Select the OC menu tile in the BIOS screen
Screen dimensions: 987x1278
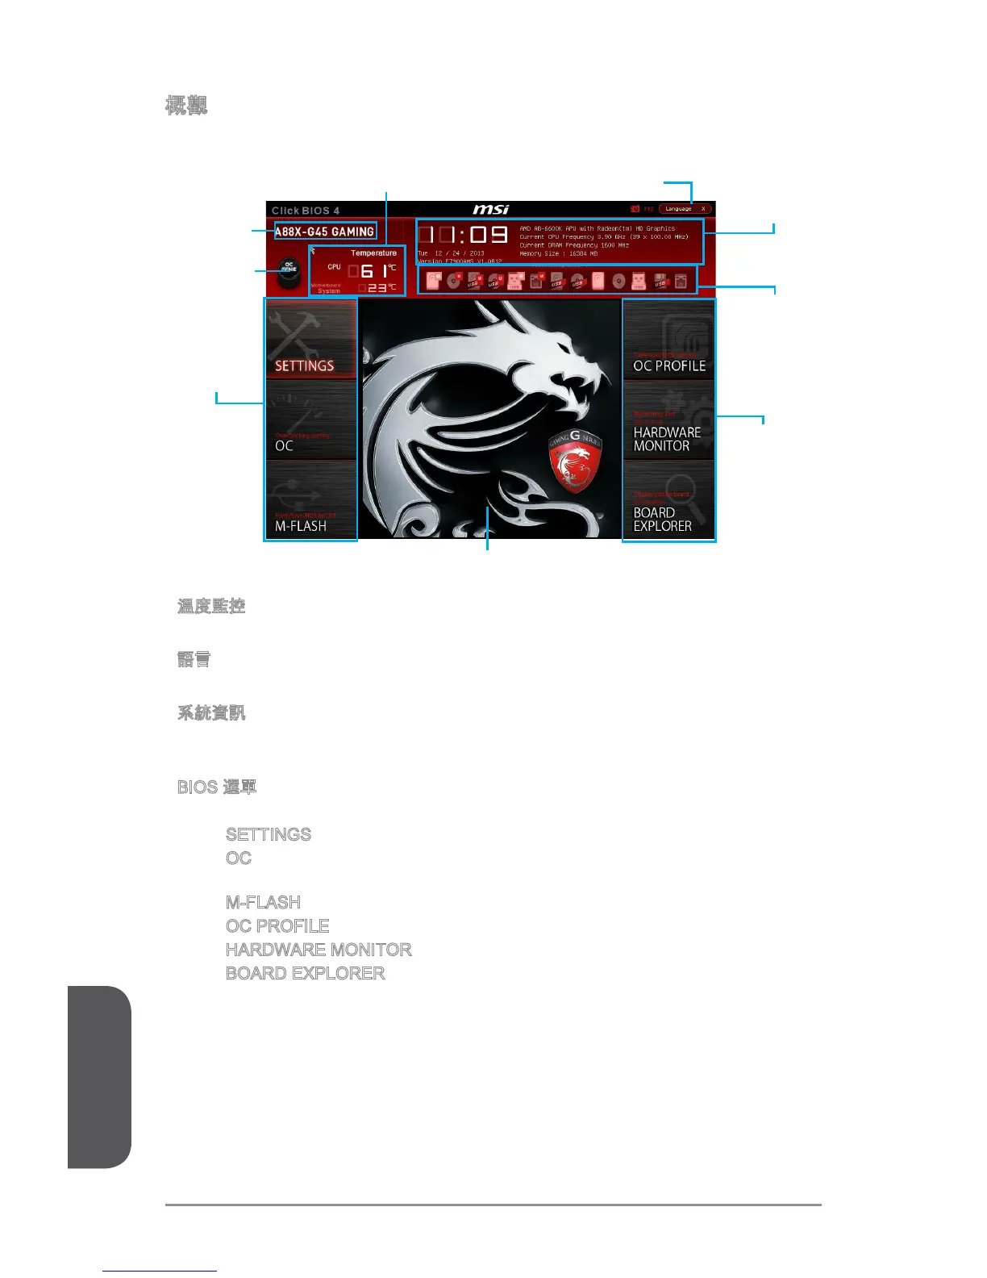pos(310,420)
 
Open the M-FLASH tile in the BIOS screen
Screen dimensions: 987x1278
pos(310,500)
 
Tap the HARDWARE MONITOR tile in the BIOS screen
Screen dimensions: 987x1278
pos(668,420)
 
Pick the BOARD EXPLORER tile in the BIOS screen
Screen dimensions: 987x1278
pos(668,500)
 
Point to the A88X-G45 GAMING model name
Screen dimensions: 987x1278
pos(324,232)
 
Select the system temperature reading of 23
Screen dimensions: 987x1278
pos(378,287)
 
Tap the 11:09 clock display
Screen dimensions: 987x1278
pos(464,235)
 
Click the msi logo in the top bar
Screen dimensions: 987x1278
pos(490,210)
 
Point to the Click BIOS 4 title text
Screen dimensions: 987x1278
pos(306,211)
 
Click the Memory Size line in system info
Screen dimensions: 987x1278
pos(559,253)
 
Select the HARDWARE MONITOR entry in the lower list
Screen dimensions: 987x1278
pos(319,950)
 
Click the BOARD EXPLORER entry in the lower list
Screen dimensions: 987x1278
pos(305,973)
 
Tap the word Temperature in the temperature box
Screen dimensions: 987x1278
pos(373,253)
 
